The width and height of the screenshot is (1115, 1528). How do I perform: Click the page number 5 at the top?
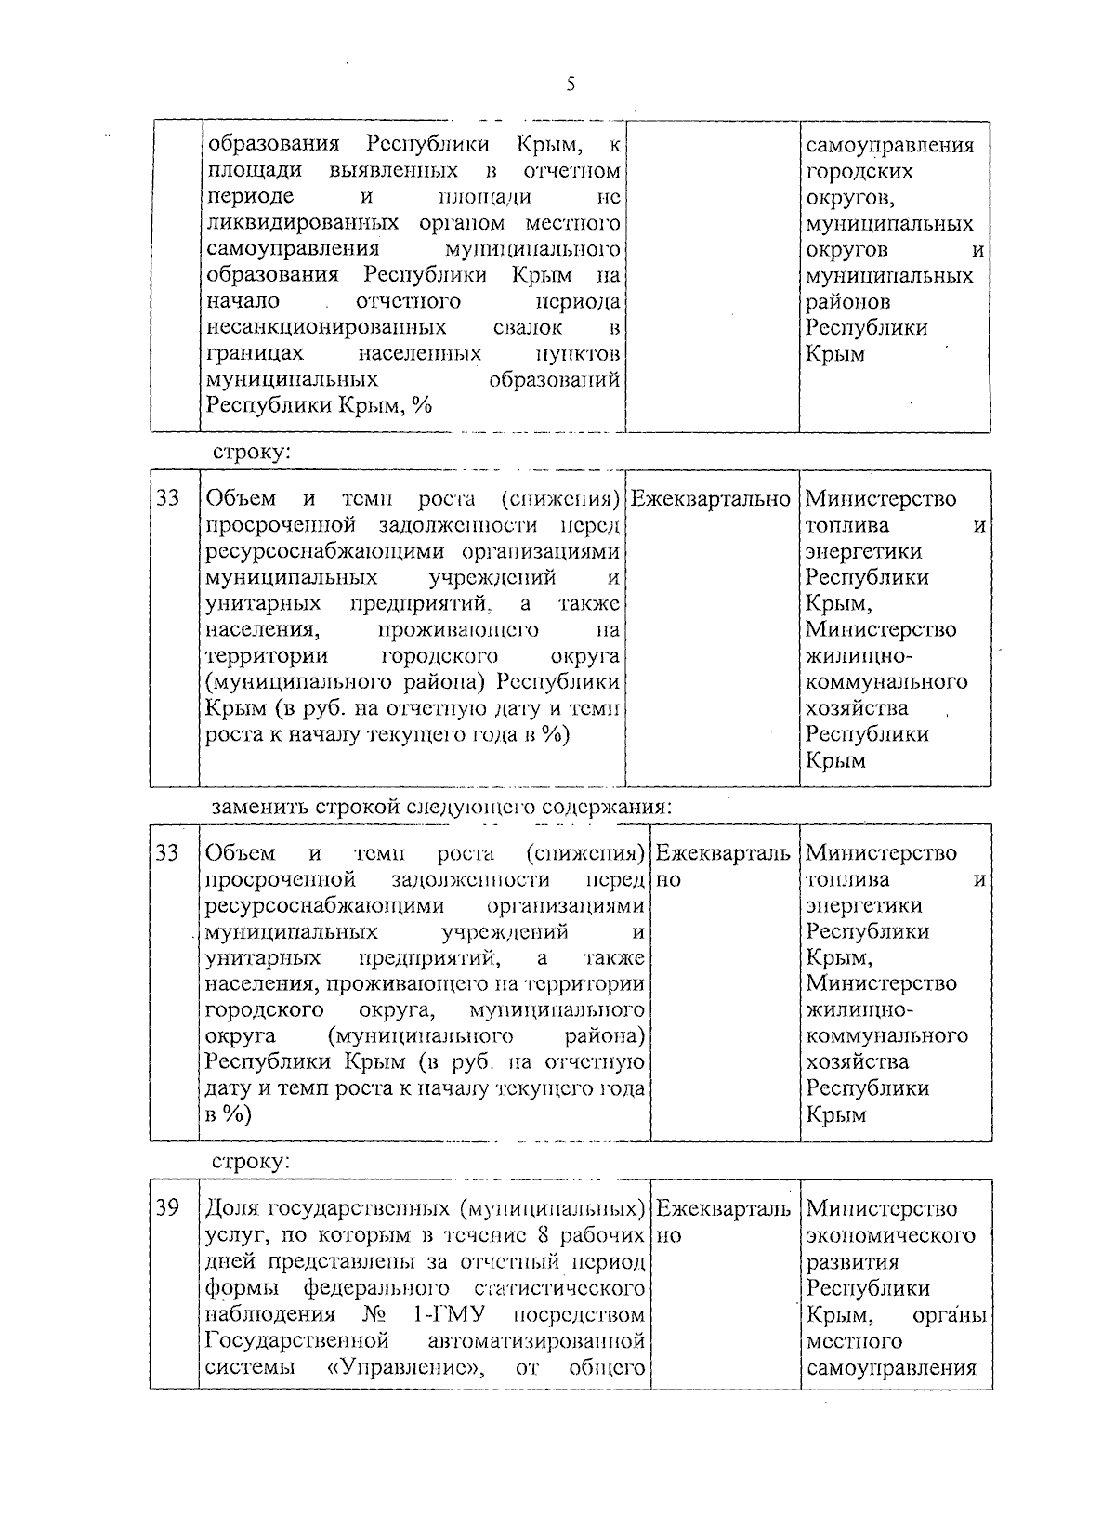[x=571, y=86]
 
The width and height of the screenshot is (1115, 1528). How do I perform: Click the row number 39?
[x=167, y=1207]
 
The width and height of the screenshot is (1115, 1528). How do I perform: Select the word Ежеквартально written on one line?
[x=711, y=499]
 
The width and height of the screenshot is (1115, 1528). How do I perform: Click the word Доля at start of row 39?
[x=232, y=1208]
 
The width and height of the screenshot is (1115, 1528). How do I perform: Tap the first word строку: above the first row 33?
[x=251, y=454]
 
